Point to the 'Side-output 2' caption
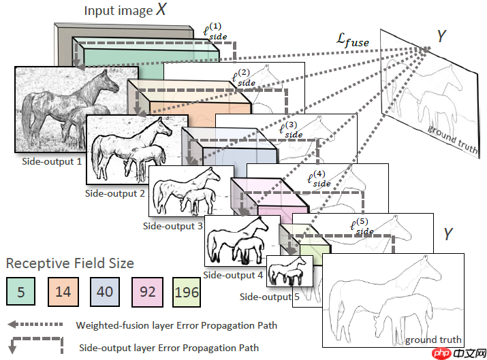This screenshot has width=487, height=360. click(x=115, y=193)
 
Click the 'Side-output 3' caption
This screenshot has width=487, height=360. click(x=173, y=225)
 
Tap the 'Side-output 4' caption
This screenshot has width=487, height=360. click(x=233, y=275)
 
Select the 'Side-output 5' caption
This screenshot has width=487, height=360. click(x=270, y=297)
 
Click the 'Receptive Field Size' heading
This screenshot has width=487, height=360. click(x=70, y=263)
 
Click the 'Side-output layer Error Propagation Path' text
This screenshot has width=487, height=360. click(x=169, y=348)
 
